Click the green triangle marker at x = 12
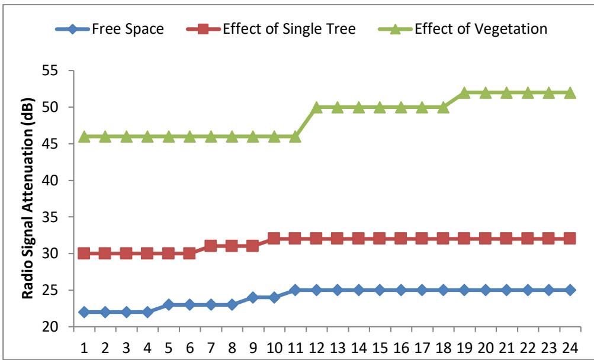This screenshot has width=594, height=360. click(316, 107)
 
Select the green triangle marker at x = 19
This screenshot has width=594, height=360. click(464, 92)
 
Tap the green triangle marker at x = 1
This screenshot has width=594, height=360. click(84, 136)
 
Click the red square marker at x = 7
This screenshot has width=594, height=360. click(211, 246)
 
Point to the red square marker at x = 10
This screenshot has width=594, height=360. click(274, 239)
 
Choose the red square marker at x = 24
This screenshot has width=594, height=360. click(569, 239)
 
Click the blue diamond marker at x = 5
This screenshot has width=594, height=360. click(169, 304)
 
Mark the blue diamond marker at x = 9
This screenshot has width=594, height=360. click(253, 297)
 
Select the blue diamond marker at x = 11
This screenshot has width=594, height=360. click(295, 290)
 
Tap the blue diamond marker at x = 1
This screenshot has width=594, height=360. click(84, 312)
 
